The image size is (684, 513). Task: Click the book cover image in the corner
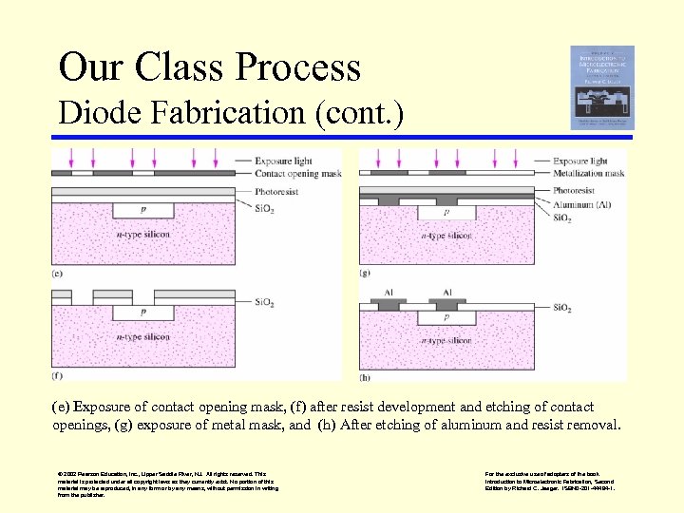click(x=601, y=86)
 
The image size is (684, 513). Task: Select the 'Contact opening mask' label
click(x=296, y=174)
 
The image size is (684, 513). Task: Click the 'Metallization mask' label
click(x=588, y=174)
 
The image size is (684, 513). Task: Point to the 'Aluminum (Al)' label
click(x=584, y=204)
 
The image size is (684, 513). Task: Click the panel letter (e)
click(x=58, y=274)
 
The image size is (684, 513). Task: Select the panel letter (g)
click(x=365, y=274)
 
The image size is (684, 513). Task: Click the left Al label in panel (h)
click(x=388, y=293)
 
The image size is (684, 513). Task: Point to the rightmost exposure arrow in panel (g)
click(x=539, y=157)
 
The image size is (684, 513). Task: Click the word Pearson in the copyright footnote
click(x=93, y=472)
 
